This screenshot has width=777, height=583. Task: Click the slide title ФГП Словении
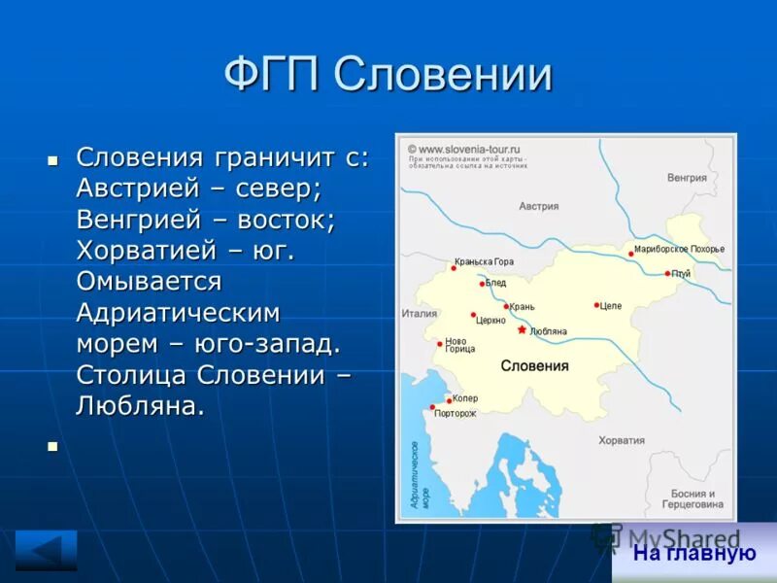(x=388, y=76)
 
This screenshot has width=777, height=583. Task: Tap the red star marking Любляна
(x=522, y=329)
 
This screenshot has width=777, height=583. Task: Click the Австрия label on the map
(x=538, y=206)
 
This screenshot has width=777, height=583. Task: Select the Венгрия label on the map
(x=687, y=178)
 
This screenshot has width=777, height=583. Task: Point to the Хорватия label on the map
(x=622, y=440)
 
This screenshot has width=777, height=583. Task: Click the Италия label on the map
(x=420, y=313)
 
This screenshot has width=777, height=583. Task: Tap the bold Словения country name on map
(x=534, y=365)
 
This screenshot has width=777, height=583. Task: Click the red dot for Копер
(x=448, y=399)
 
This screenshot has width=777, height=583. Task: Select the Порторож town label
(x=455, y=413)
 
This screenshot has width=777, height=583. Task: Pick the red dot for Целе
(x=596, y=305)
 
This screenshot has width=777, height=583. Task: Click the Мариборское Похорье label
(x=679, y=249)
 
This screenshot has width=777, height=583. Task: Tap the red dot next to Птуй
(x=667, y=273)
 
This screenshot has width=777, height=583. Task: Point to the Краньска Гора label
(x=484, y=261)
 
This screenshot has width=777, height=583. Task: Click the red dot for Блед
(x=482, y=284)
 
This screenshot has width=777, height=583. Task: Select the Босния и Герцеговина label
(x=693, y=498)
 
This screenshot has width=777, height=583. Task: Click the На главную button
(x=693, y=554)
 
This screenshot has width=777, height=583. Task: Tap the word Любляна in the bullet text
(x=140, y=405)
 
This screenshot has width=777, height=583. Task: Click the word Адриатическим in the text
(x=178, y=312)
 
